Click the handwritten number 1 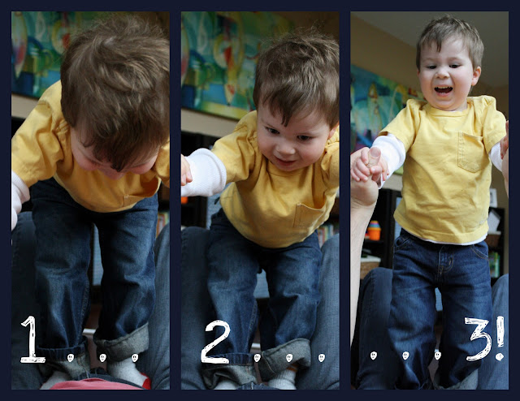coord(32,339)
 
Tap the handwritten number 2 coord(215,342)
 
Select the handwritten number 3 coord(479,338)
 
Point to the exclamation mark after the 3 coord(500,338)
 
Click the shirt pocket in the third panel coord(470,152)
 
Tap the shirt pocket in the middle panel coord(307,215)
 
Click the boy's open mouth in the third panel coord(444,90)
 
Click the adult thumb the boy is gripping coord(375,157)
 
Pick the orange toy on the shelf coord(374,231)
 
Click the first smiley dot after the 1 coord(71,358)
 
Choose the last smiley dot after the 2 coord(321,358)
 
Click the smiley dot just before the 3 coord(437,356)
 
